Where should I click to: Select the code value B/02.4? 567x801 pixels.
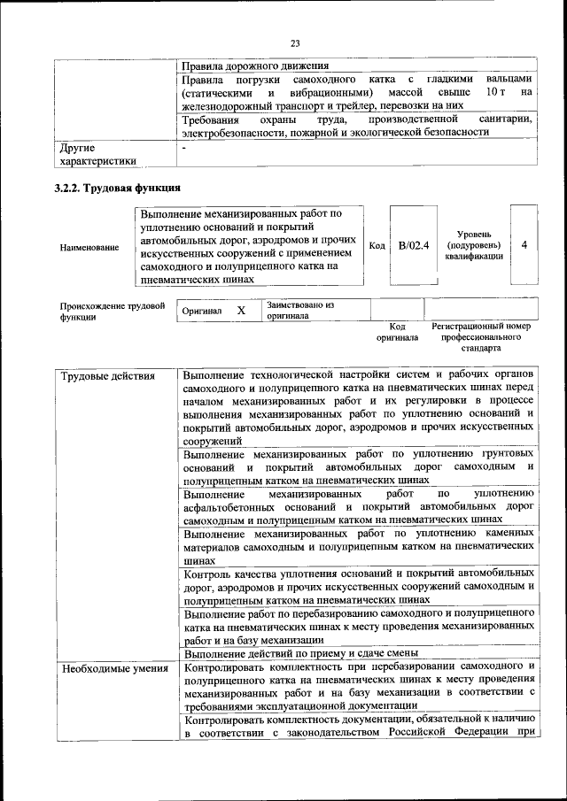pyautogui.click(x=413, y=245)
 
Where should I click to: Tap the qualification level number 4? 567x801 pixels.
pyautogui.click(x=524, y=245)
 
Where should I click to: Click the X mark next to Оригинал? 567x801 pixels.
pyautogui.click(x=241, y=312)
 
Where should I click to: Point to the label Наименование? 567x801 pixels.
pyautogui.click(x=89, y=248)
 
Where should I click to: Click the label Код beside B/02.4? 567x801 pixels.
pyautogui.click(x=377, y=245)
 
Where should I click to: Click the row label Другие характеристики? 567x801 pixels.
pyautogui.click(x=97, y=155)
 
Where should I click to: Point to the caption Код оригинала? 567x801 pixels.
pyautogui.click(x=396, y=332)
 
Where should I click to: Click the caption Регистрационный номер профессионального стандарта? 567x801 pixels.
pyautogui.click(x=481, y=337)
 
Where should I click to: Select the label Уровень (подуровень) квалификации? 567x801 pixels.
pyautogui.click(x=475, y=245)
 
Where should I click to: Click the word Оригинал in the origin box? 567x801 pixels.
pyautogui.click(x=202, y=312)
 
